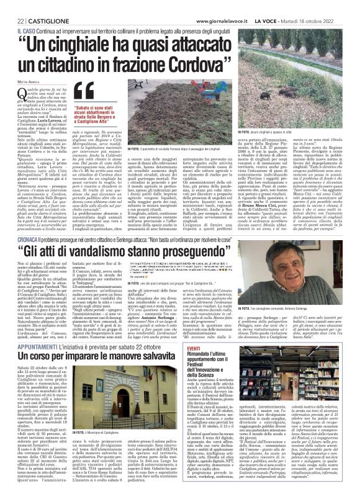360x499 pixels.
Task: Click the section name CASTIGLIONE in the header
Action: click(x=37, y=6)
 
